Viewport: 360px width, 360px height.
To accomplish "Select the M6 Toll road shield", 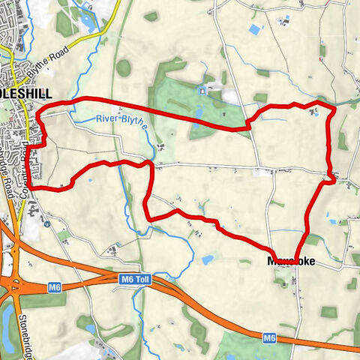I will click(x=136, y=279).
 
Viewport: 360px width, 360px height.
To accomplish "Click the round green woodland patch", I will click(x=124, y=68).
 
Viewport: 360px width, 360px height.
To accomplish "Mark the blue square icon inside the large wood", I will click(x=202, y=90).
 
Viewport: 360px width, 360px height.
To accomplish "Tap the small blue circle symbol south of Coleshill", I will click(x=46, y=223).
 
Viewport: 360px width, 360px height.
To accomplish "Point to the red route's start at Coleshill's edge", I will click(x=34, y=187).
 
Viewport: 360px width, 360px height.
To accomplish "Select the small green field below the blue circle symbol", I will click(x=64, y=235).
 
